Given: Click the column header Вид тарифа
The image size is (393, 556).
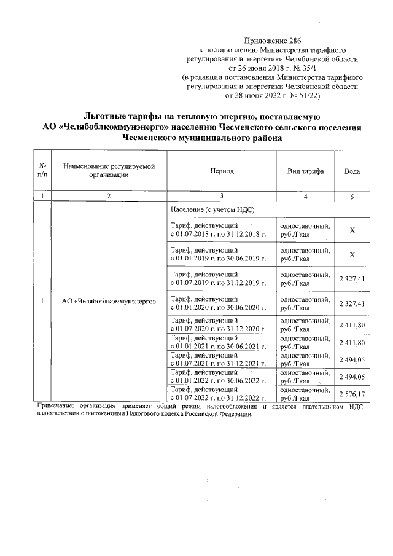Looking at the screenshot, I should pos(305,171).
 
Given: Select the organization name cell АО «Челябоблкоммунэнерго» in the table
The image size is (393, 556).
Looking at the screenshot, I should pos(108,302).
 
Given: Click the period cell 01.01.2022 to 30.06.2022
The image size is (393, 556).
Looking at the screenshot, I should pos(218,377).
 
